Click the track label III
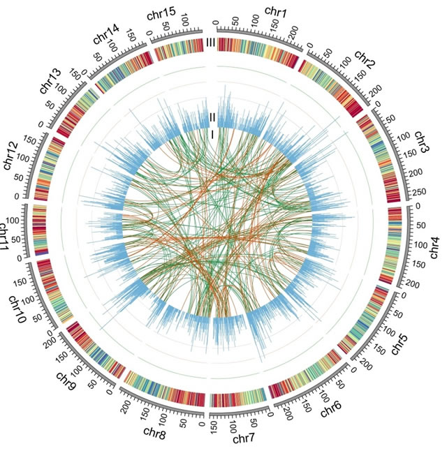(x=212, y=43)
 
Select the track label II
(x=212, y=117)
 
